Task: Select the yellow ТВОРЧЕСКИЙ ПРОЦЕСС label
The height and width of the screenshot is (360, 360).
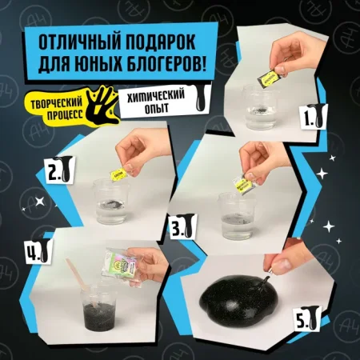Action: tap(51, 103)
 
